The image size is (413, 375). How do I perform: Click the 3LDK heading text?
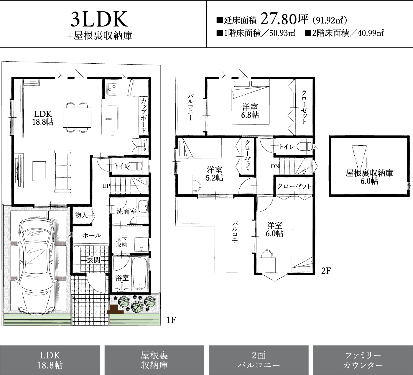tap(99, 19)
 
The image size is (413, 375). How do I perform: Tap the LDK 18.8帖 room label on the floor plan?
tap(43, 118)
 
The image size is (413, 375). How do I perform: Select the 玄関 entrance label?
tap(94, 260)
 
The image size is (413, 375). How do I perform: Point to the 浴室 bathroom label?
tap(122, 278)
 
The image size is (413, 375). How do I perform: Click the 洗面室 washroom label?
tap(126, 211)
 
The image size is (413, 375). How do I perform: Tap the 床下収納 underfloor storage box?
tap(121, 242)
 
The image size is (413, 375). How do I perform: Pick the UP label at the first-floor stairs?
tap(106, 186)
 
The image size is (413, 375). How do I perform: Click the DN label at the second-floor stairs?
tap(275, 166)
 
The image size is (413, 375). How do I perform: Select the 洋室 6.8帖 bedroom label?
tap(250, 111)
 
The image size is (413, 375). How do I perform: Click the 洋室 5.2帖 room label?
tap(215, 174)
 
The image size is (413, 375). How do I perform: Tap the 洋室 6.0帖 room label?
tap(274, 229)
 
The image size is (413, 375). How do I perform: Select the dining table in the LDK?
tap(77, 118)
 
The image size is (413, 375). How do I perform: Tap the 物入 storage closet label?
tap(81, 215)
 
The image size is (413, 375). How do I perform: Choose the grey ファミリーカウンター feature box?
tap(363, 360)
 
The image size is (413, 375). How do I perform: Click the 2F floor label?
tap(326, 271)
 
